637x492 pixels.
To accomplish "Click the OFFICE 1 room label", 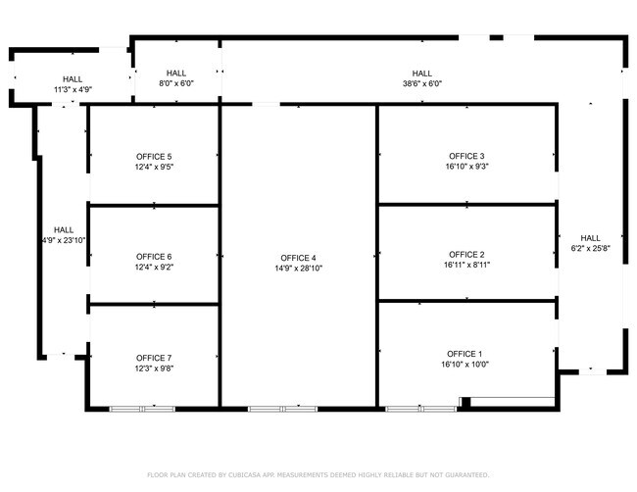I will coord(465,354).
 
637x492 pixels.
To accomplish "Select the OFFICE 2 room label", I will coord(467,254).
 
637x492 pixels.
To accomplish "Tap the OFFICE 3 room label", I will coord(467,156).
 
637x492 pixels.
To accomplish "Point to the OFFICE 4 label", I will coord(298,257).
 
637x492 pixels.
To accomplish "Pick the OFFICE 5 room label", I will coord(154,157).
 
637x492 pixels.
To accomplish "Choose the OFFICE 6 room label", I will coord(154,257).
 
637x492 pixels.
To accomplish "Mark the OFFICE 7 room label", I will coord(154,358).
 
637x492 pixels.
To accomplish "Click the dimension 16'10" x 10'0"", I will coord(465,365).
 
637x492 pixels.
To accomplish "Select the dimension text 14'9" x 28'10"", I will coord(298,268).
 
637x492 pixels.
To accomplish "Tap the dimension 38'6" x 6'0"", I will coord(422,84).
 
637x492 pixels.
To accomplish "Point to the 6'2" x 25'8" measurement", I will coord(591,249).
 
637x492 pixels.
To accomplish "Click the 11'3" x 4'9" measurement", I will coord(73,90).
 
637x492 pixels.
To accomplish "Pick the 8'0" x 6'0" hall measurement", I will coord(176,84).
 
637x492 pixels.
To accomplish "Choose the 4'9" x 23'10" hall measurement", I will coord(64,240).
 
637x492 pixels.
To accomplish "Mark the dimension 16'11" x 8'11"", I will coord(467,265).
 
